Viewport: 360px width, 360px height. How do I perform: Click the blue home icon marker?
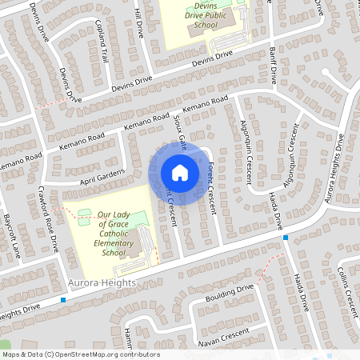(x=180, y=173)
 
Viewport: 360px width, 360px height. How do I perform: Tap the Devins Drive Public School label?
(x=195, y=16)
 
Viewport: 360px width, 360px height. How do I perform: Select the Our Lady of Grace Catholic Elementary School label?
(x=113, y=234)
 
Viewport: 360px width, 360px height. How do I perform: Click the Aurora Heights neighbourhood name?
(x=103, y=283)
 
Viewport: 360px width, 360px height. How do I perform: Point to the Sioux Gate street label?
(x=180, y=129)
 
